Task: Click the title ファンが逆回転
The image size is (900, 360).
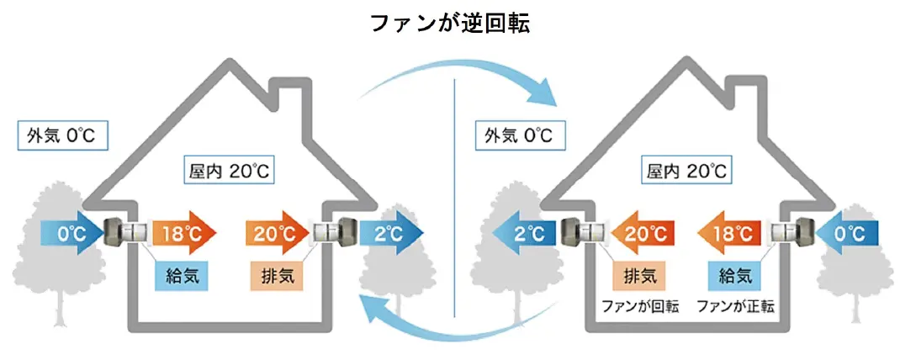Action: [x=449, y=24]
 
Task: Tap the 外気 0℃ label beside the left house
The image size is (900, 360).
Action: [x=63, y=136]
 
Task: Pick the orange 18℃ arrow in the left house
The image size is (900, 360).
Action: [x=183, y=233]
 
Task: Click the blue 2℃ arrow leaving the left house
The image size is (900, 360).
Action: [x=391, y=233]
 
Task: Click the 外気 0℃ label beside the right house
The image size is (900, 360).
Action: [x=519, y=136]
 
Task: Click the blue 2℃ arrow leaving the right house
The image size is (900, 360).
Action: [x=524, y=233]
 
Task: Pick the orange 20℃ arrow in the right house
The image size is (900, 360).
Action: [x=643, y=233]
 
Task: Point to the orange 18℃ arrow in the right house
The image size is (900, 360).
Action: [x=729, y=233]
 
